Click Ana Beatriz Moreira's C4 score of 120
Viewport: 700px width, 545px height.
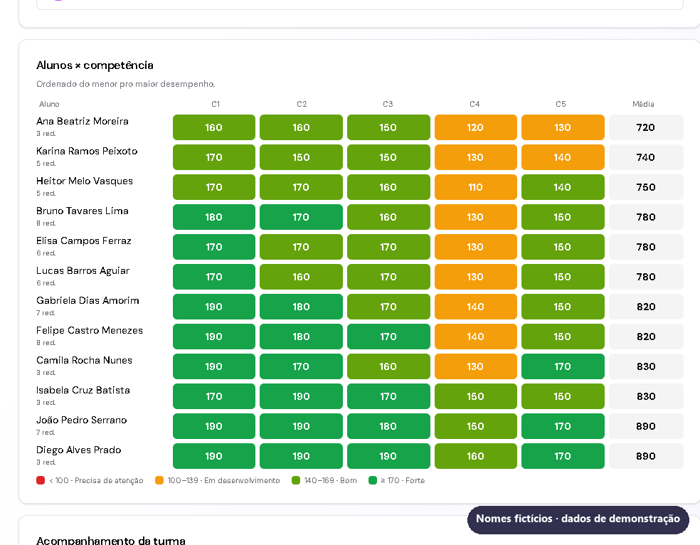475,127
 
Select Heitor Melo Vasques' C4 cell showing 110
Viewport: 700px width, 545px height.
475,187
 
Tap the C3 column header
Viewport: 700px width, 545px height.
388,104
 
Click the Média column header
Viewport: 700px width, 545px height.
643,104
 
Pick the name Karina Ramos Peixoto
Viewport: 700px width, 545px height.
87,151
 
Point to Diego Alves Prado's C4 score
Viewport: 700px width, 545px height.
475,456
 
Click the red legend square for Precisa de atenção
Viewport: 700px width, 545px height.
41,480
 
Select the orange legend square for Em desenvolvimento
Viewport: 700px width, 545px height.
159,480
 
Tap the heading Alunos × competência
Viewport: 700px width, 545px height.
95,65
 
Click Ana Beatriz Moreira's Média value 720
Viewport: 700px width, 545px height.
646,127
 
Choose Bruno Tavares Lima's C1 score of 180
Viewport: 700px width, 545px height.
214,217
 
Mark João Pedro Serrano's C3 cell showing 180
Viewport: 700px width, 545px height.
388,426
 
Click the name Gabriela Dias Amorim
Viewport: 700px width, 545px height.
87,300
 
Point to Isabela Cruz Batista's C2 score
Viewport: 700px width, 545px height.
301,396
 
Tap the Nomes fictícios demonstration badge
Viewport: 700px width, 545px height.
578,519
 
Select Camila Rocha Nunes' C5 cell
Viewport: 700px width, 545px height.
563,366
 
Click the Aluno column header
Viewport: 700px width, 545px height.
49,104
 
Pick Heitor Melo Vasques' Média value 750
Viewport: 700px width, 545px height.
646,187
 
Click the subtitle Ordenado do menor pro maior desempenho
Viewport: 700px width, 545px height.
125,84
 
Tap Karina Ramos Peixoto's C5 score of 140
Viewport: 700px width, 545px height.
563,157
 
